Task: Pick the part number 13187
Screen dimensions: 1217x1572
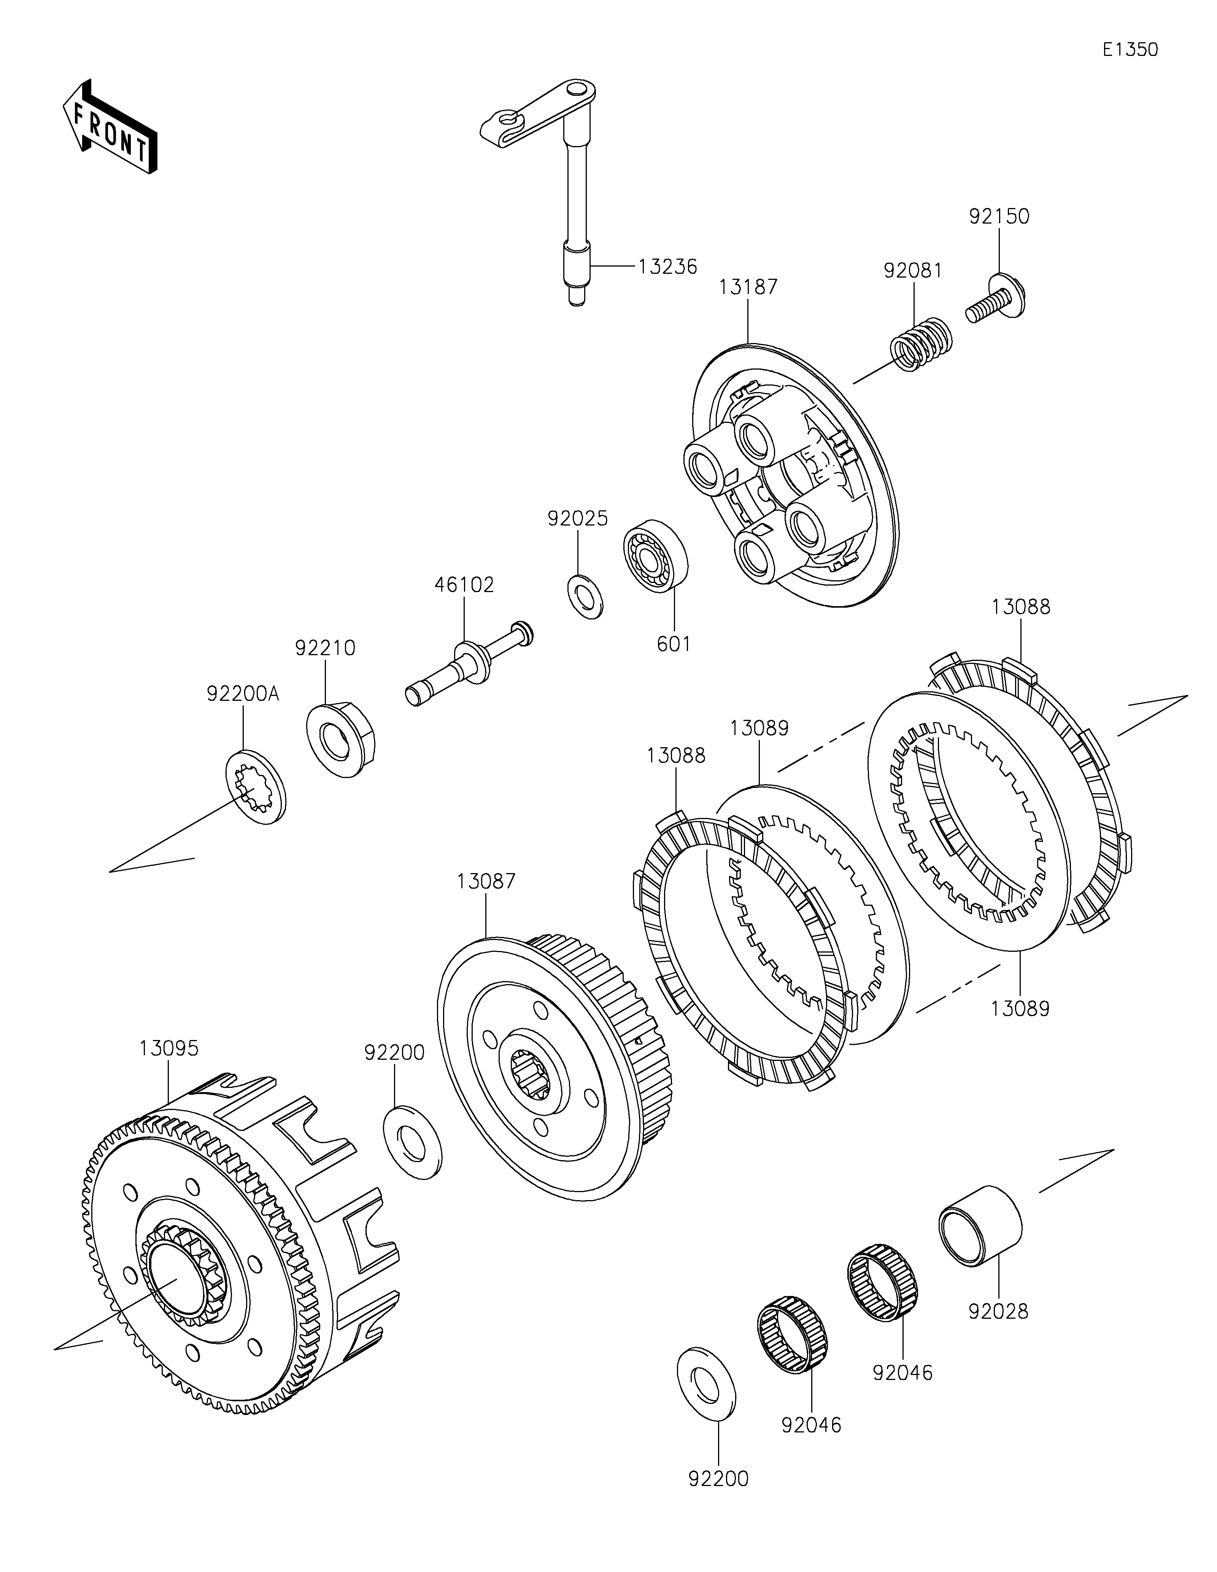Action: coord(748,287)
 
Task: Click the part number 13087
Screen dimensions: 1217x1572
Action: coord(486,881)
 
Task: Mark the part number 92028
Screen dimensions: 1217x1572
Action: coord(998,1312)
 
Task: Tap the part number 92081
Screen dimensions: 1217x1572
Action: coord(913,271)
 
